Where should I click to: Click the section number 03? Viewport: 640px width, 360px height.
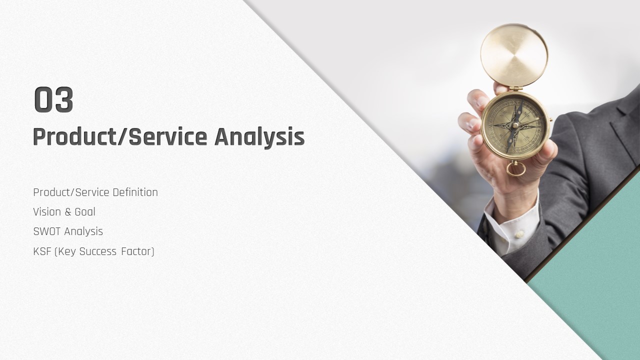click(x=53, y=99)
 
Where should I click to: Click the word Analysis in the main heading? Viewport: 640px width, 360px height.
click(x=259, y=137)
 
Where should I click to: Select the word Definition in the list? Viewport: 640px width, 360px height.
click(x=135, y=192)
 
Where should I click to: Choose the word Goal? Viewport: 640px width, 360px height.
click(x=85, y=212)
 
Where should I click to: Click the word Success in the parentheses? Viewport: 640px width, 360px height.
click(x=97, y=251)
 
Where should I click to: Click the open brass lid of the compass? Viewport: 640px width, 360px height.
click(x=514, y=55)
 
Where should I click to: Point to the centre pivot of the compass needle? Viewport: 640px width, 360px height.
click(x=515, y=125)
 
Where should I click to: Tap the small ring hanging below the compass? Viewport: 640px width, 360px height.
click(x=515, y=169)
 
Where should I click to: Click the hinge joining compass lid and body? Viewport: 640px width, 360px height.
click(x=515, y=88)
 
